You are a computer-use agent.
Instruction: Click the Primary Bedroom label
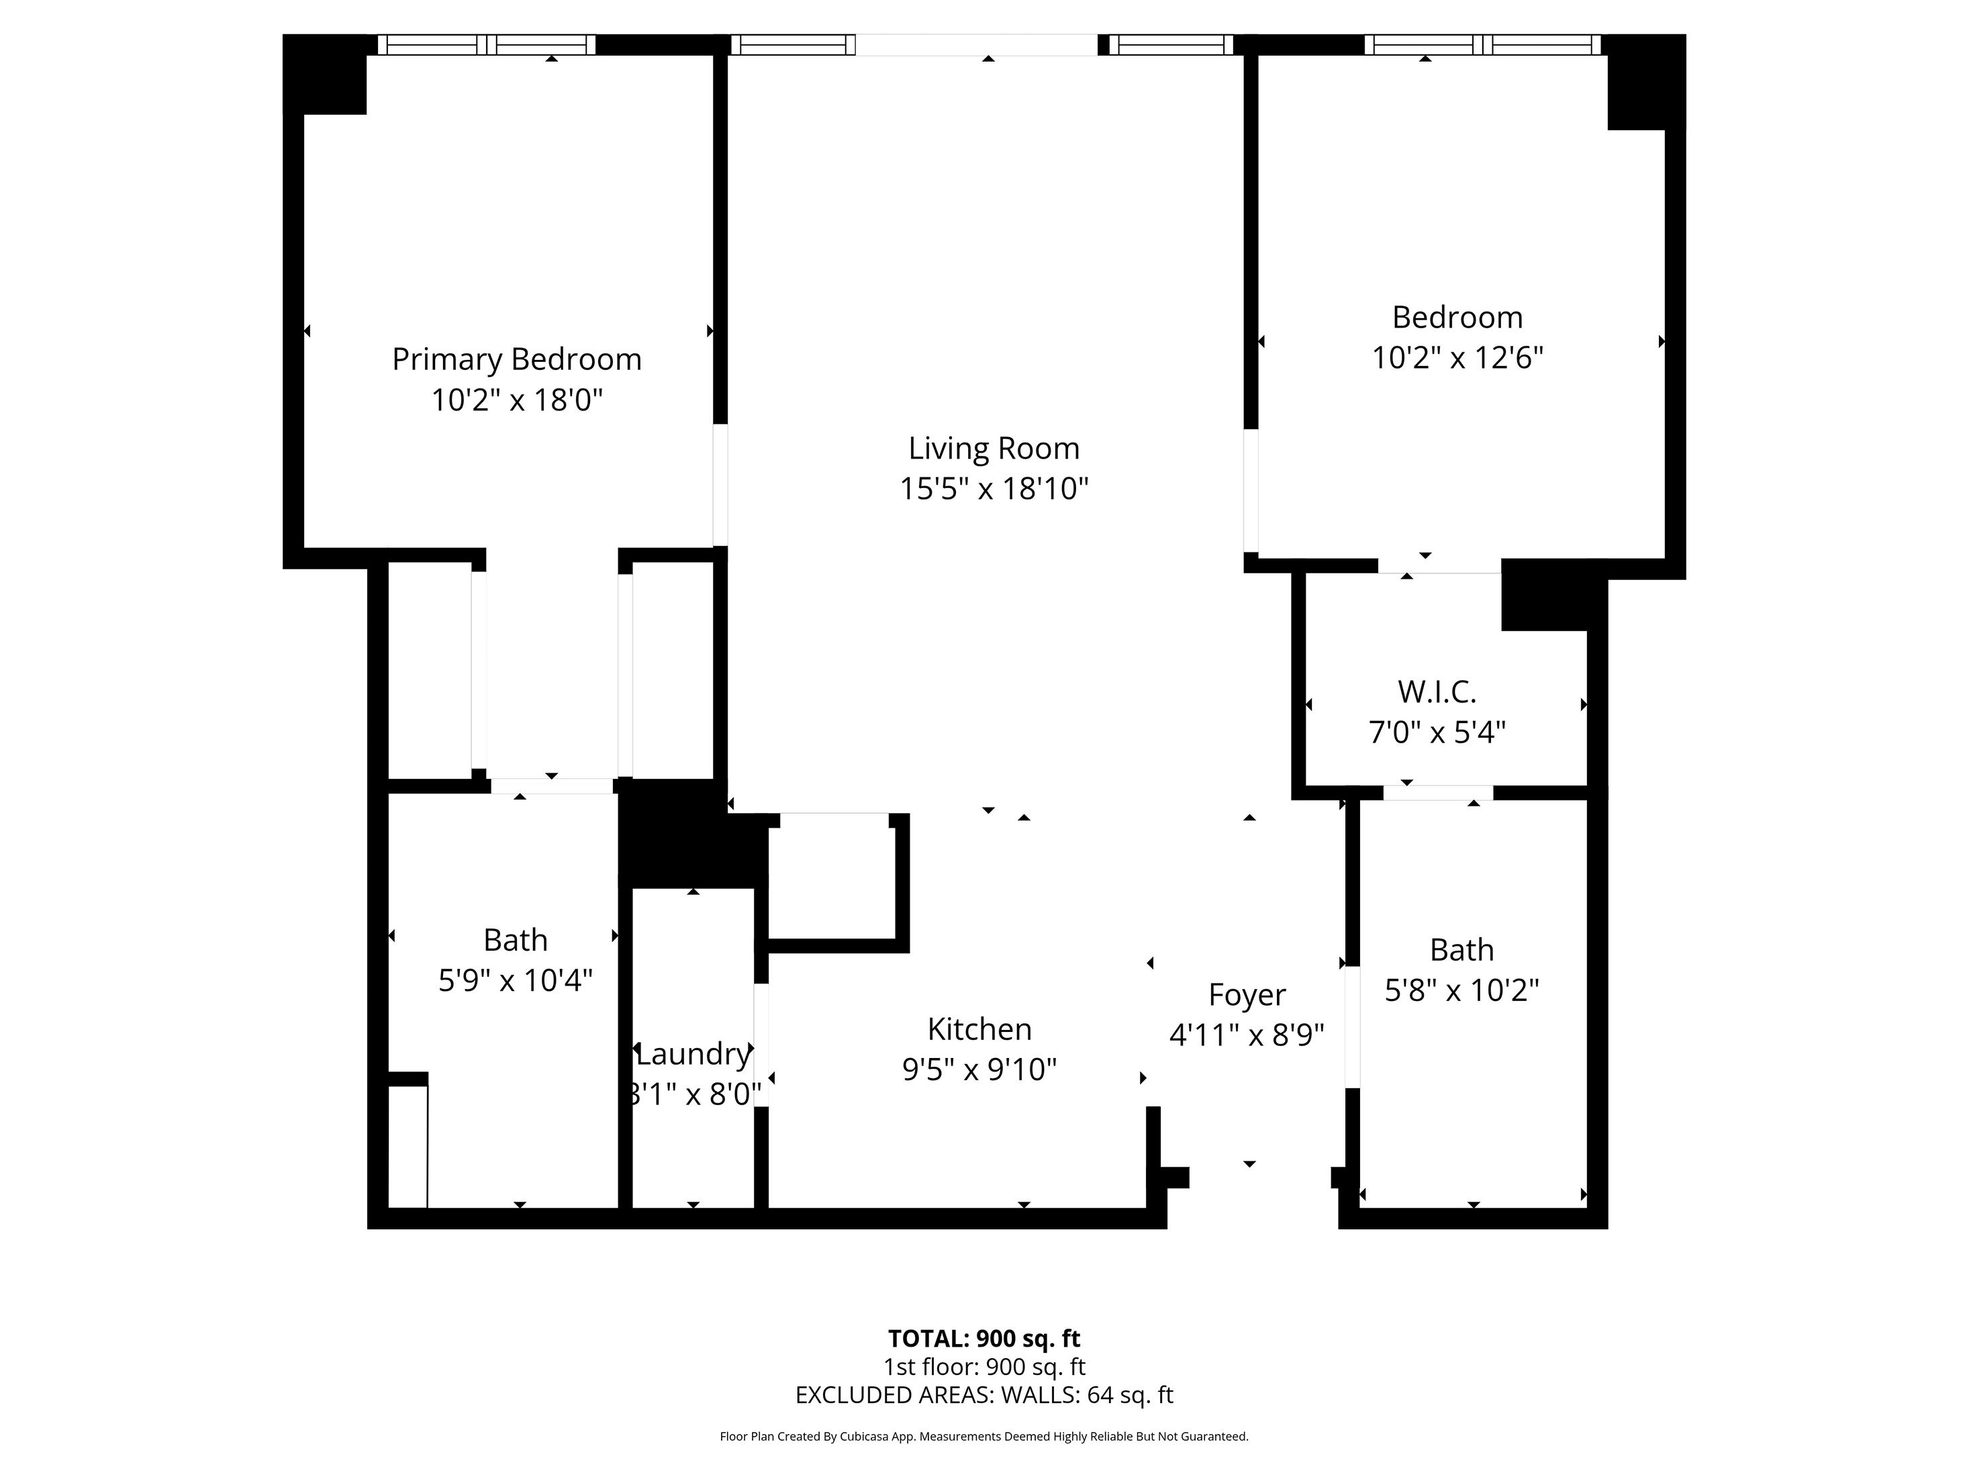[x=516, y=360]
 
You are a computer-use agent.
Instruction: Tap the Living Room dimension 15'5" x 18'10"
[x=994, y=489]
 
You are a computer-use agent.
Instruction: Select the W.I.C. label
[x=1437, y=692]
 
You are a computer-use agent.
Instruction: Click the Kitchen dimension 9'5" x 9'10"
[x=979, y=1069]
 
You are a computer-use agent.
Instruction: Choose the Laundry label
[x=693, y=1054]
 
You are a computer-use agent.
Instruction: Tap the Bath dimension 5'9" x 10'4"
[x=516, y=981]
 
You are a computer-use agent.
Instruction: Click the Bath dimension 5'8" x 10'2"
[x=1461, y=990]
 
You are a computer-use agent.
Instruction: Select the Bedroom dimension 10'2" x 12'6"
[x=1457, y=358]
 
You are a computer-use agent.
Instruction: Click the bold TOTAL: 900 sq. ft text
[x=983, y=1338]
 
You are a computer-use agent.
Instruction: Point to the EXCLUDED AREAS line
[x=983, y=1394]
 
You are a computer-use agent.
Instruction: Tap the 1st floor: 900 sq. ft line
[x=983, y=1367]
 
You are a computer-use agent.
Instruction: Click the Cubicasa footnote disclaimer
[x=983, y=1436]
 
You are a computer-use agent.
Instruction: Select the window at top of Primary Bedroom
[x=486, y=44]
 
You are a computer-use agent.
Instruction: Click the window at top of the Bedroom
[x=1482, y=44]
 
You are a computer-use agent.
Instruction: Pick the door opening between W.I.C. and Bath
[x=1437, y=792]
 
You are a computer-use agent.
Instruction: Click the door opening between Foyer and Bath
[x=1352, y=1027]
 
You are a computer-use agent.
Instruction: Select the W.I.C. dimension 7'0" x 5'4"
[x=1437, y=732]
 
